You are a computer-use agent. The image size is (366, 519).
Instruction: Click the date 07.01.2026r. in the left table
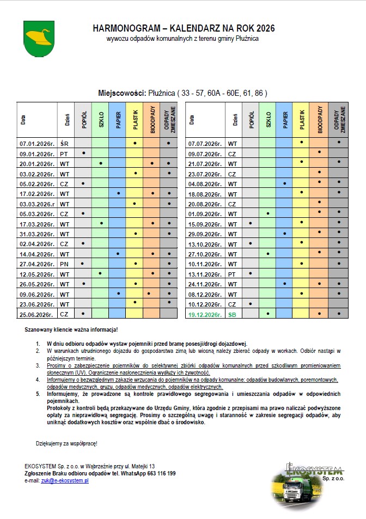(37, 144)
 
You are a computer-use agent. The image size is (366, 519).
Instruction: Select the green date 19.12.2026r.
(204, 314)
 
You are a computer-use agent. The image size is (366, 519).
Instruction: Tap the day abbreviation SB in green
(233, 314)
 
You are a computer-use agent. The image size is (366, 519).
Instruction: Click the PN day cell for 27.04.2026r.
(64, 264)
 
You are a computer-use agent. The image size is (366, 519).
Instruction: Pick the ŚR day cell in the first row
(64, 144)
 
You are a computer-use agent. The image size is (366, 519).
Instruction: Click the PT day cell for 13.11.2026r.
(233, 273)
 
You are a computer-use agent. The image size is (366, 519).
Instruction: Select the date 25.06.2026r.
(37, 314)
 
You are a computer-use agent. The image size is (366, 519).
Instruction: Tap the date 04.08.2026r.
(204, 184)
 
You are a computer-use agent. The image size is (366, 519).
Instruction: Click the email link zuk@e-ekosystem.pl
(65, 481)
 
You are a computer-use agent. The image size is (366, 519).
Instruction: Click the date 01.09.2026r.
(204, 213)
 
